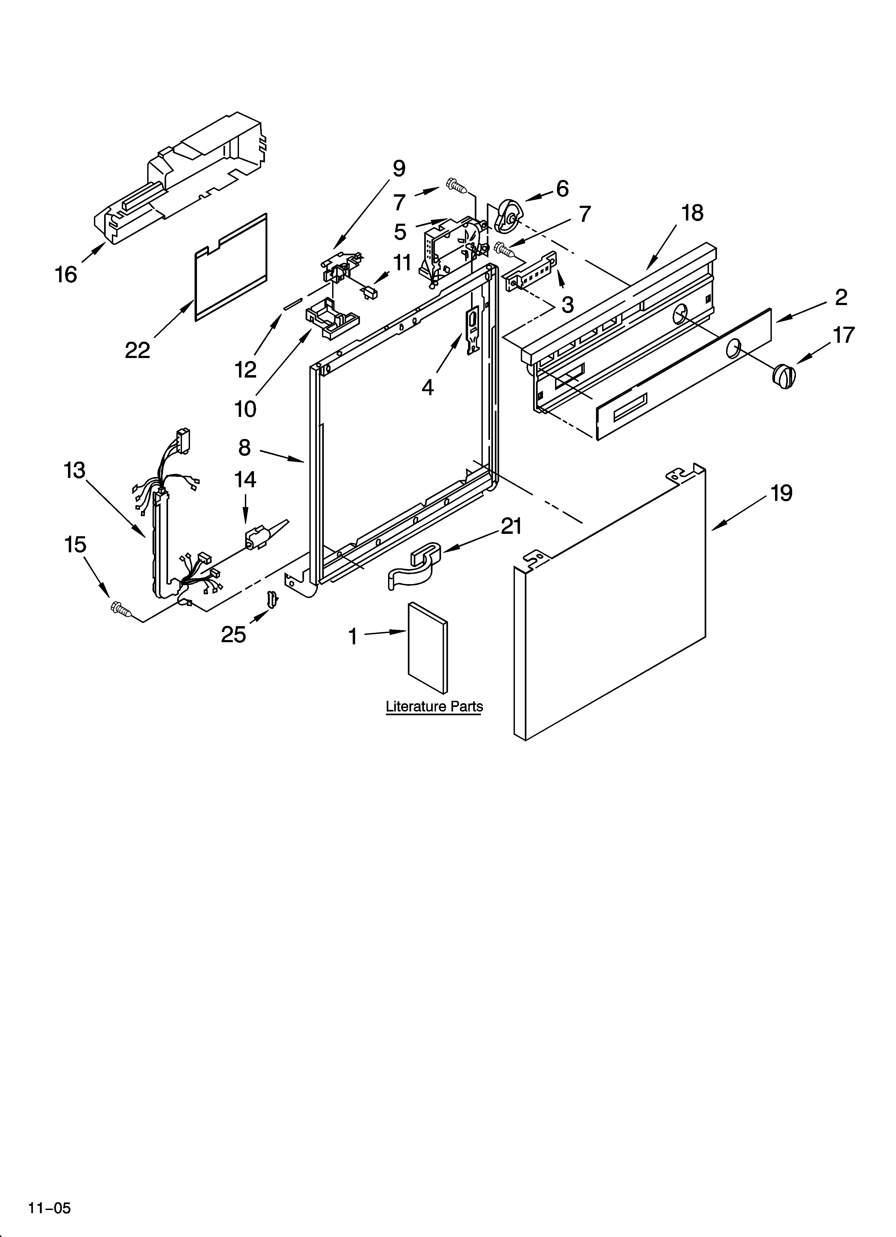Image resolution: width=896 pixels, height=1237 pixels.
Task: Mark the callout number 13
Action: (x=75, y=470)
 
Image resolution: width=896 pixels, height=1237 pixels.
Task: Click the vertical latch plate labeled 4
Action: (x=472, y=333)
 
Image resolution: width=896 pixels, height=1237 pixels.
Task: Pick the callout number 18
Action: (x=692, y=213)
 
